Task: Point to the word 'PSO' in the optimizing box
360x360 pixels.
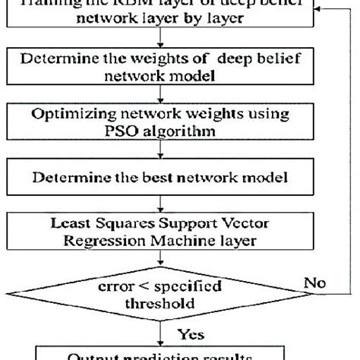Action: click(102, 130)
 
